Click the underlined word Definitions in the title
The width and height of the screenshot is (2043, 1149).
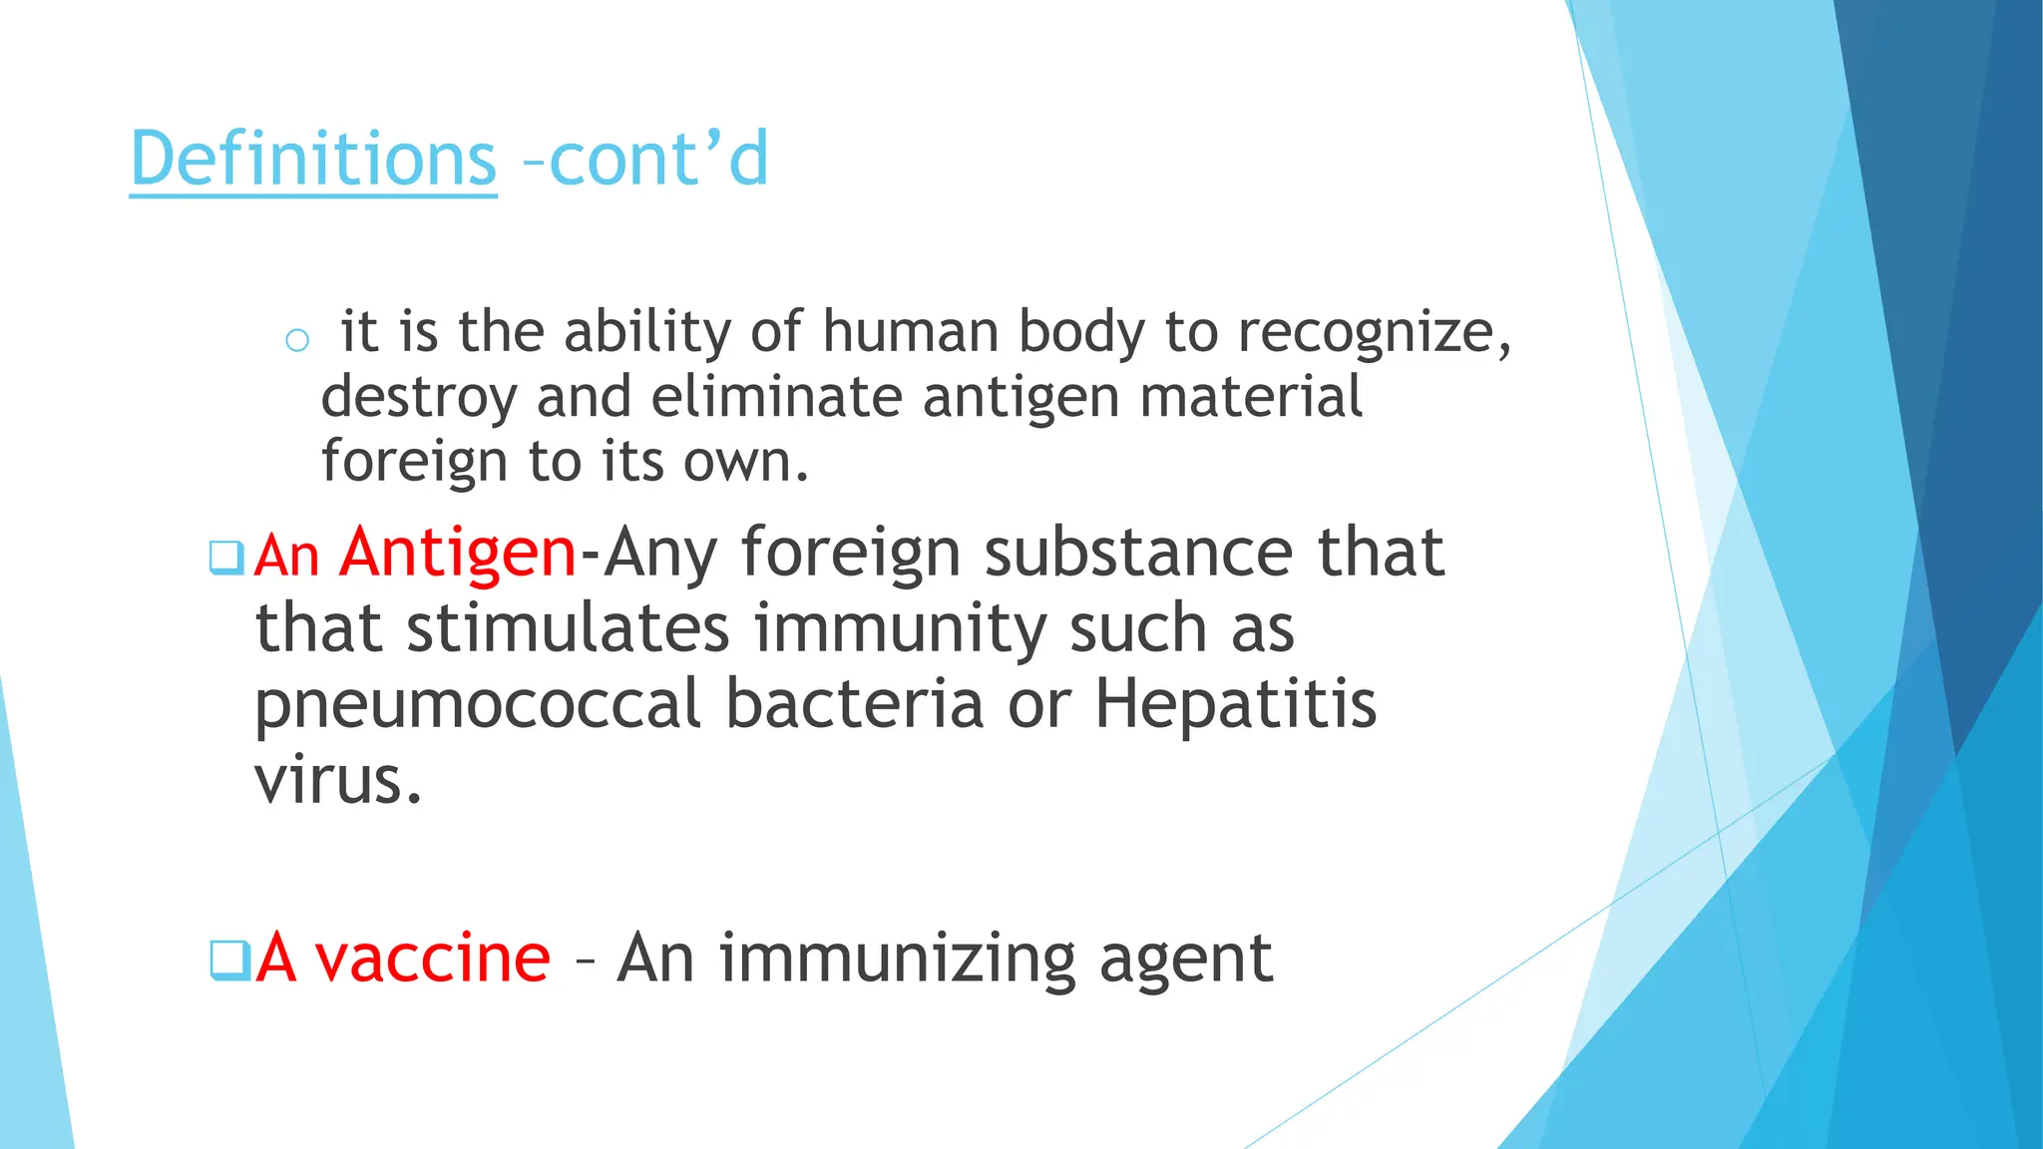[313, 159]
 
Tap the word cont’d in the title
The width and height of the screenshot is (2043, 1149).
[659, 159]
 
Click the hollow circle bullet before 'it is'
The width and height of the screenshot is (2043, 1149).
[296, 341]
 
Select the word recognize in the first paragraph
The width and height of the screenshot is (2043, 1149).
[1366, 333]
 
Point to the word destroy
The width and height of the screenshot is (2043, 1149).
[419, 398]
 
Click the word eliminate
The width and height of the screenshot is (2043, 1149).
[777, 396]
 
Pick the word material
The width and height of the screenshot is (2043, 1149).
[1251, 396]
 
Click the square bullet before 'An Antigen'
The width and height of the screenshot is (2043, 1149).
[226, 558]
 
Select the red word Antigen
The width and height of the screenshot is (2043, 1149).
[458, 554]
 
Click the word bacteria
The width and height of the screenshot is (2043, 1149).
[855, 704]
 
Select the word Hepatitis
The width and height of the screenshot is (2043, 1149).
[1236, 704]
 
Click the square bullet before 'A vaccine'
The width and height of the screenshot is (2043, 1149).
[227, 960]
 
